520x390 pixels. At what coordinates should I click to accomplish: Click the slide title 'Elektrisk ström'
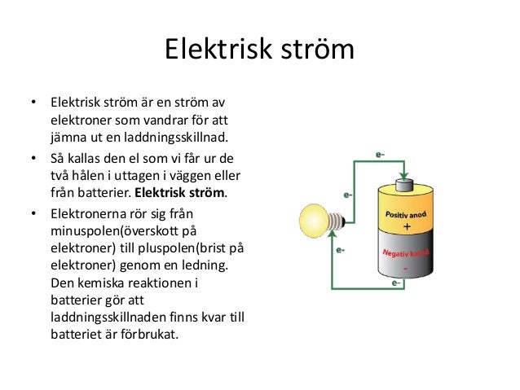(259, 50)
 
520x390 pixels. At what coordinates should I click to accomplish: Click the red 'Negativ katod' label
(405, 254)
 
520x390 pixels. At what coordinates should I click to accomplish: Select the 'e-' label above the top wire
(381, 151)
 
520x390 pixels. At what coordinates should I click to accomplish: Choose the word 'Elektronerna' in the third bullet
(87, 213)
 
